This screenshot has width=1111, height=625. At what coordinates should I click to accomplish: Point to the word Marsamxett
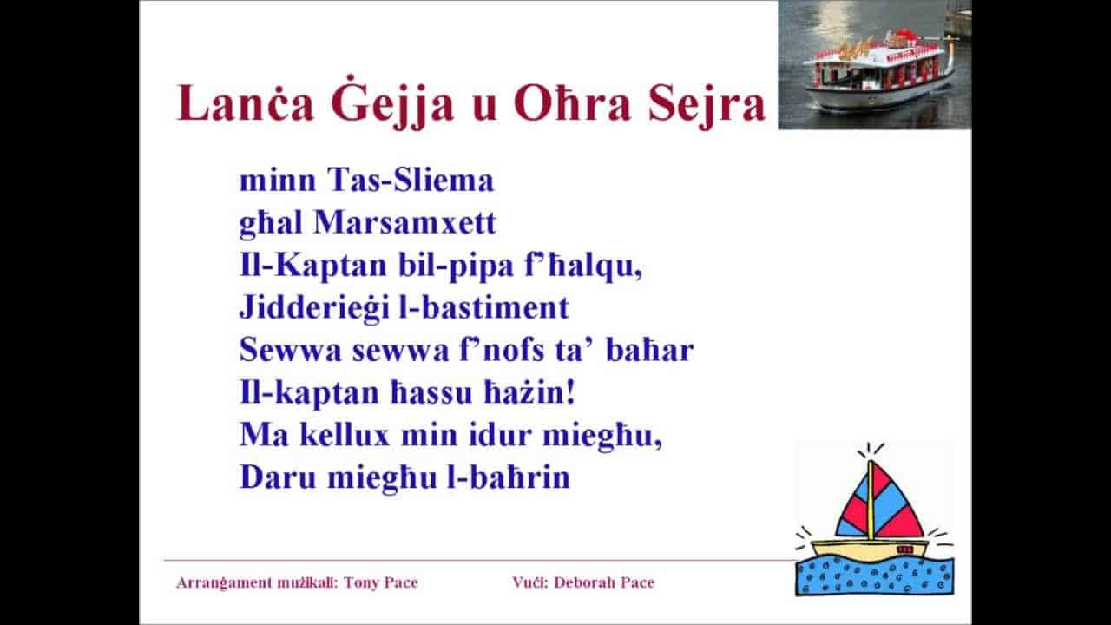pyautogui.click(x=405, y=223)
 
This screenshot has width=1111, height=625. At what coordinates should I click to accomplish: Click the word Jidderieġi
pyautogui.click(x=304, y=308)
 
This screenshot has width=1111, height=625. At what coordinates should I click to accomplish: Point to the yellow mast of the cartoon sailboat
pyautogui.click(x=871, y=499)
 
